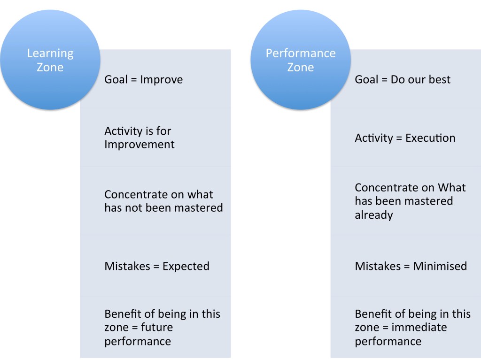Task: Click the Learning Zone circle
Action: coord(50,60)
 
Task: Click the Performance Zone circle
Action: coord(301,60)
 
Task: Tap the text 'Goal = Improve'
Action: coord(144,80)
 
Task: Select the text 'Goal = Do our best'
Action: coord(403,80)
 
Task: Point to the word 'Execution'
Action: coord(430,138)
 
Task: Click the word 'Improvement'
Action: coord(139,145)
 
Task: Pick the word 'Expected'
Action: coord(186,267)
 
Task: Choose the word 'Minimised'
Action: coord(440,266)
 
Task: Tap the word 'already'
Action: coord(373,215)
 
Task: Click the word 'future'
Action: coord(157,327)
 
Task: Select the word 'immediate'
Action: coord(419,327)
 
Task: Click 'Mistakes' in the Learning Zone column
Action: coord(127,266)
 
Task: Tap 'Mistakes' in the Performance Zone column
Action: coord(378,266)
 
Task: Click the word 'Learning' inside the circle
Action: coord(50,54)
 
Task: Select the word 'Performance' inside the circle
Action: coord(301,54)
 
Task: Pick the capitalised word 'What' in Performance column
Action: coord(452,187)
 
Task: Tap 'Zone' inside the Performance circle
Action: coord(301,68)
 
